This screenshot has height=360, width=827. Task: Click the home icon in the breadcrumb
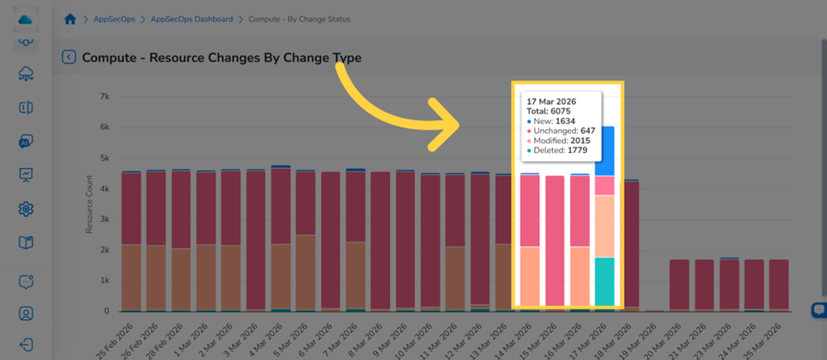(70, 19)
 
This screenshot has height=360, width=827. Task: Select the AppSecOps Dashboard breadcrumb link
(191, 19)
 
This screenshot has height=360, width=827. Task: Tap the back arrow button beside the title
(69, 57)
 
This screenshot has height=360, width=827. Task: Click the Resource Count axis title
(90, 204)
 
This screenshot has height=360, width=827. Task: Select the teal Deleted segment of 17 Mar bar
(604, 282)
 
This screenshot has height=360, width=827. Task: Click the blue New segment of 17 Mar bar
(604, 151)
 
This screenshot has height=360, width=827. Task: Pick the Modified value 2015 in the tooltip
(579, 141)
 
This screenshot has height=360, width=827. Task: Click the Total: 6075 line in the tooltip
(549, 111)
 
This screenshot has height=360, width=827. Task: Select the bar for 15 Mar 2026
(555, 241)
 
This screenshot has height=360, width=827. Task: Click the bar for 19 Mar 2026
(654, 311)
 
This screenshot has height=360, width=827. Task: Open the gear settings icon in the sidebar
(26, 209)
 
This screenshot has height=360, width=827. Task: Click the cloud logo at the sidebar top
(26, 20)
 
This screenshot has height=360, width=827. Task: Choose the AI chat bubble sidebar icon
(26, 142)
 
